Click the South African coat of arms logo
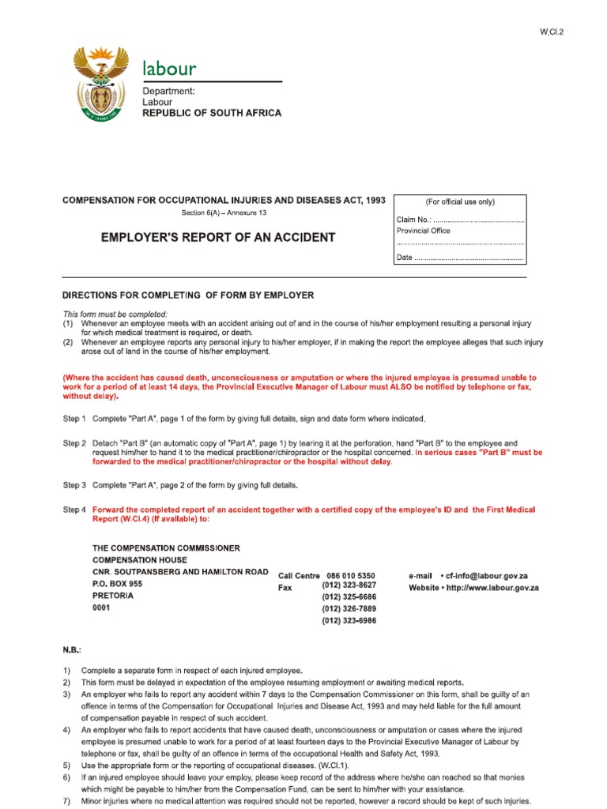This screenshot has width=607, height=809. click(x=100, y=84)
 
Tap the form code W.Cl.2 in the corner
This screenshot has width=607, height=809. click(x=552, y=32)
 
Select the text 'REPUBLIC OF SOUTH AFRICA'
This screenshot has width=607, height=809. click(x=211, y=114)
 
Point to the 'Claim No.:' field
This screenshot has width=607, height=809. click(x=459, y=219)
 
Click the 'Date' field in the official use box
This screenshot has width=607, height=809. click(x=459, y=258)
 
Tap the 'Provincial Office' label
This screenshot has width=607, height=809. click(x=424, y=231)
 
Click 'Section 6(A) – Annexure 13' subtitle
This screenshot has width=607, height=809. click(x=224, y=214)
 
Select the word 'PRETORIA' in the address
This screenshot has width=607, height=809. click(x=113, y=596)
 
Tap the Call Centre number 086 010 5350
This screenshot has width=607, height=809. click(x=350, y=576)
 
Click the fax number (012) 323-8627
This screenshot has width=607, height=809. click(x=349, y=585)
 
